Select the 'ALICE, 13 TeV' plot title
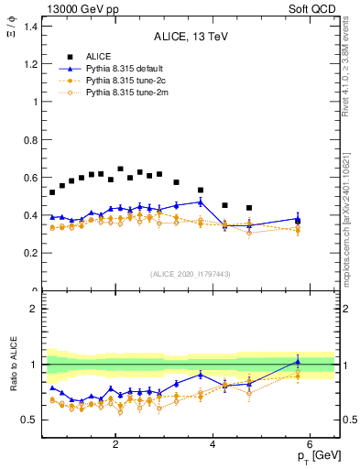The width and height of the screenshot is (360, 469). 189,37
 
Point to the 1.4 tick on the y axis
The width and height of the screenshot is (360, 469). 31,27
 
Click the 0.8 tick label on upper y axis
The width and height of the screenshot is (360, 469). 31,140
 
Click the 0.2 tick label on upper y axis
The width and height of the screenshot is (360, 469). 31,254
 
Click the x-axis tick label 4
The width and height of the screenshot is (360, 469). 213,444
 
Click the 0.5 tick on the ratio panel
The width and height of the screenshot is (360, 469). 31,420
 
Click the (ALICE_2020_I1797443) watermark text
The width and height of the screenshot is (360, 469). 189,274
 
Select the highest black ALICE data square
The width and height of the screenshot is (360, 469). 120,169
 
